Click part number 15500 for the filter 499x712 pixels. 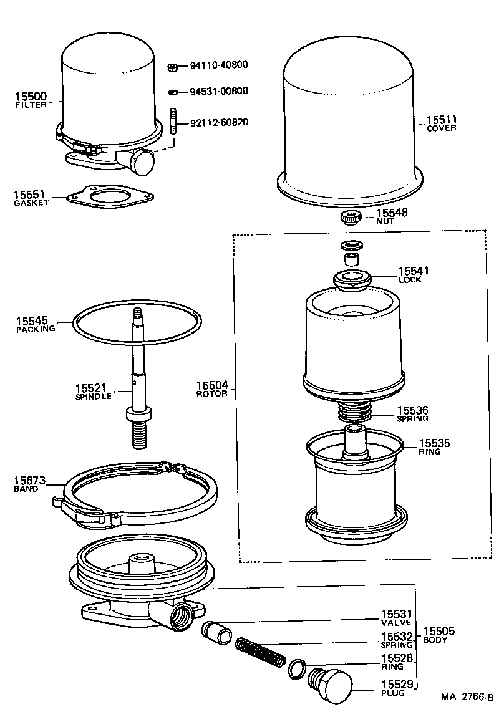[x=30, y=97]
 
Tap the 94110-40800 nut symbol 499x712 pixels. [x=174, y=65]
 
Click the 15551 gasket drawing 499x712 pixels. [x=110, y=196]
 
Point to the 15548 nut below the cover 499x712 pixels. [x=352, y=218]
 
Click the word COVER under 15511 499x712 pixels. [x=442, y=128]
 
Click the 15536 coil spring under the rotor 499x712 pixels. [x=354, y=412]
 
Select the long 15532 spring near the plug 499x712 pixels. [x=261, y=652]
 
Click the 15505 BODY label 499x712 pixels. [x=438, y=635]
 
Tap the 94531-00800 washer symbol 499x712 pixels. [x=173, y=92]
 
